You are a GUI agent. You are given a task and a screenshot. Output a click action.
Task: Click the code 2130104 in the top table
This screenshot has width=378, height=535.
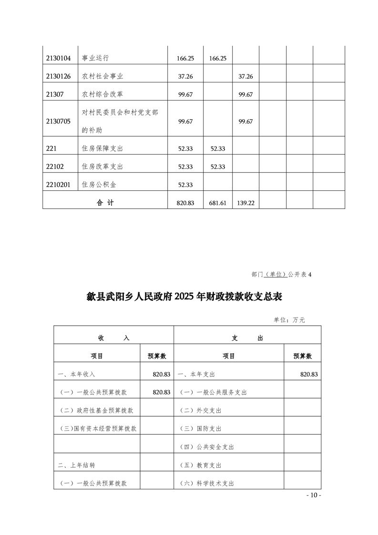point(59,58)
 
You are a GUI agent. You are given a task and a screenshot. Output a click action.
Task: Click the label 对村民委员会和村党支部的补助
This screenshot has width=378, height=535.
point(120,121)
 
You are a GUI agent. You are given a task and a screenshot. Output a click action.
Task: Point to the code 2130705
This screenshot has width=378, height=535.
point(59,121)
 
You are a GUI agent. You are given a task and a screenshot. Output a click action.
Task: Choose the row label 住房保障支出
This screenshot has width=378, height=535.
point(102,149)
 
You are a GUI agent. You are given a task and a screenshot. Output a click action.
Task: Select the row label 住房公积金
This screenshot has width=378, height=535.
point(99,185)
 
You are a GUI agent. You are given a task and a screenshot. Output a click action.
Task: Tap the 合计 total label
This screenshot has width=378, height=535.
point(105,203)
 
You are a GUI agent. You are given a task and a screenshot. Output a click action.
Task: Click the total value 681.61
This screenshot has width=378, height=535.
point(217,203)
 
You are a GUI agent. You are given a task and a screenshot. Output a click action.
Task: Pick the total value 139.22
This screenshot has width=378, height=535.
point(245,203)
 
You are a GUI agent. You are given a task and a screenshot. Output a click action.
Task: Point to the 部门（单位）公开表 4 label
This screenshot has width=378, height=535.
point(281,275)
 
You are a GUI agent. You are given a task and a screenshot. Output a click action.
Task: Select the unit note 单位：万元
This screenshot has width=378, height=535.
point(289,320)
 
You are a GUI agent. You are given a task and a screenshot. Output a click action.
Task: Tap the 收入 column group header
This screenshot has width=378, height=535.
point(113,338)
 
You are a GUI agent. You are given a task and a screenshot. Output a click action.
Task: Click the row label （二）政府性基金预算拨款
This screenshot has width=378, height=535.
point(96,411)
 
